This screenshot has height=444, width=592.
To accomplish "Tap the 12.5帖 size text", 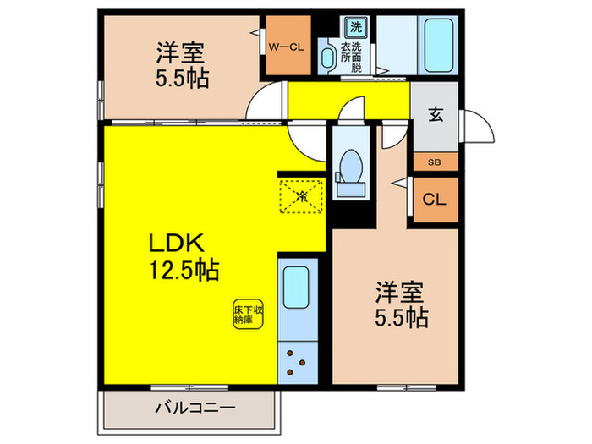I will click(x=184, y=271).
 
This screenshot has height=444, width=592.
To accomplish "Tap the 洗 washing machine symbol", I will click(x=355, y=25).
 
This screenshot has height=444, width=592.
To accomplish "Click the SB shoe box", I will click(x=435, y=162).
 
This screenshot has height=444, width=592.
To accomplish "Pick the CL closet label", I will click(x=435, y=200).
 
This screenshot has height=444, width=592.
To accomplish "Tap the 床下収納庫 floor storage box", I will click(x=244, y=315).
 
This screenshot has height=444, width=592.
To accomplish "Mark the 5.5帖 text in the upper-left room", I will click(x=181, y=79).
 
